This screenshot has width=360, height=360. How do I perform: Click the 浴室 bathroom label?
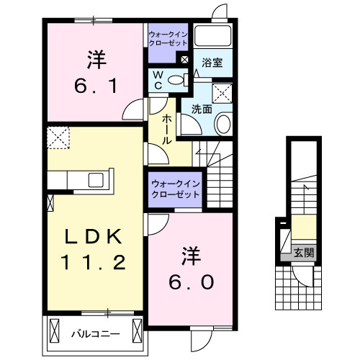tap(212, 63)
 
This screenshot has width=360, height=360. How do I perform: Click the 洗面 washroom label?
tap(201, 109)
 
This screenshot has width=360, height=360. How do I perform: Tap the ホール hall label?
tap(166, 130)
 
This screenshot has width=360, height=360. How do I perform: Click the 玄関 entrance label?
tap(303, 252)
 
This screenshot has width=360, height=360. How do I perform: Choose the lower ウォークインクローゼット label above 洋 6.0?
tap(176, 190)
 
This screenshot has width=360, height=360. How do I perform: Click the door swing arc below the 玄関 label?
tap(303, 272)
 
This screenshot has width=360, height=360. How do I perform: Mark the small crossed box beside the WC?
tap(185, 60)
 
